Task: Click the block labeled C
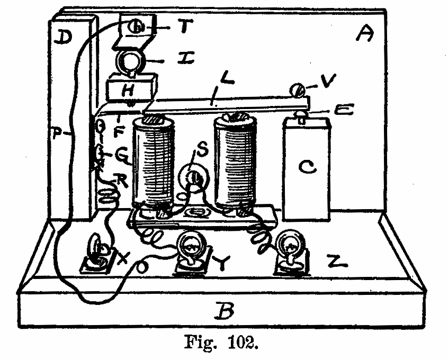306,168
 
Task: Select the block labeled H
129,89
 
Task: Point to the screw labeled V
299,91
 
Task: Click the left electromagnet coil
153,163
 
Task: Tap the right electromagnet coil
235,162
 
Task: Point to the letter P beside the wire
59,132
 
